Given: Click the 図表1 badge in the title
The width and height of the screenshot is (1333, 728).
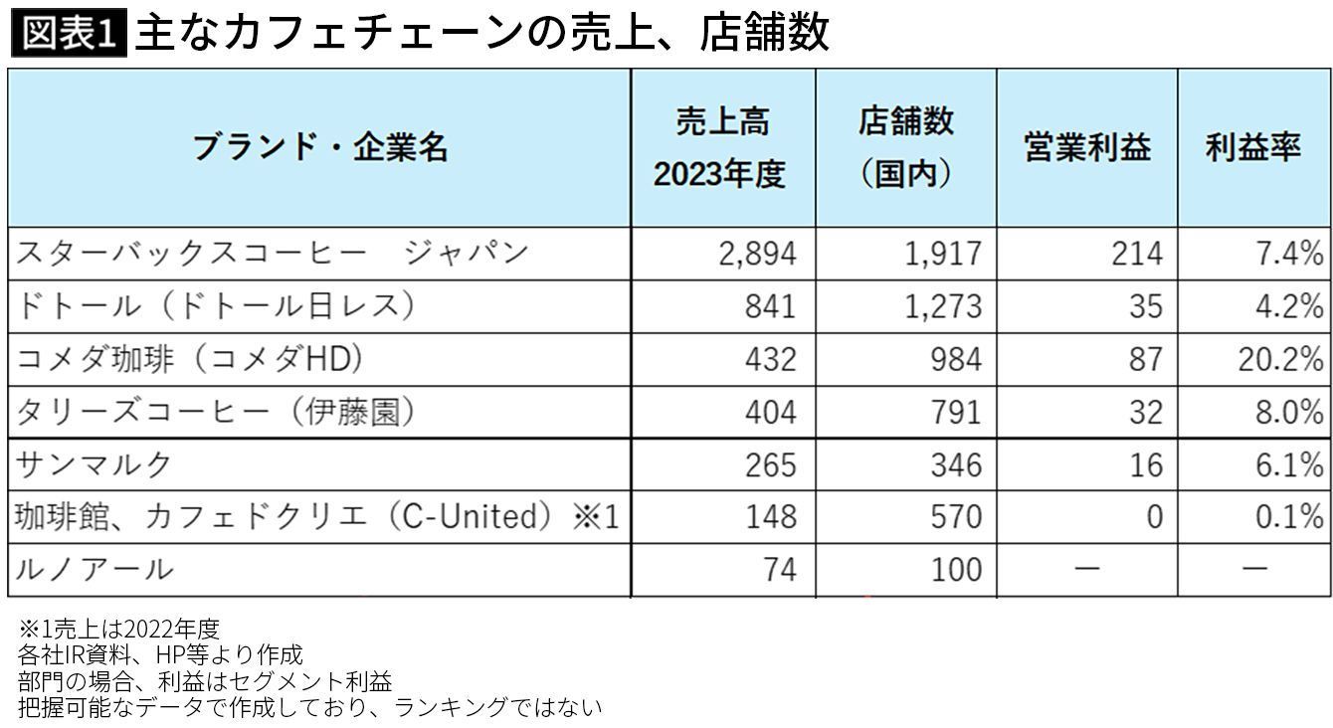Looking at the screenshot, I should (x=67, y=33).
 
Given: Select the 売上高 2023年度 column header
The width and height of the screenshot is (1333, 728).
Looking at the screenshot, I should (x=722, y=147).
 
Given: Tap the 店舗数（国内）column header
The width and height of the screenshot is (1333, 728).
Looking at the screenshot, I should (x=905, y=147).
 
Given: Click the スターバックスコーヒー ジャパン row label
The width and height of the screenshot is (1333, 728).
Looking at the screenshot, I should (x=272, y=253).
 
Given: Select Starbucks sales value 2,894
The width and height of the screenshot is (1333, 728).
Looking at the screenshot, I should (x=757, y=254).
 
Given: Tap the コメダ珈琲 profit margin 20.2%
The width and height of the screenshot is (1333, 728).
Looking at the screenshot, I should (x=1280, y=359).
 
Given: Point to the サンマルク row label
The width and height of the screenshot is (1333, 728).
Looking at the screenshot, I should (x=95, y=464).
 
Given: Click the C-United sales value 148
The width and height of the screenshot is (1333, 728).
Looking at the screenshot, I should (x=770, y=517).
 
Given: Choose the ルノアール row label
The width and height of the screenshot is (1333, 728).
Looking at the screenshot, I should (x=95, y=570).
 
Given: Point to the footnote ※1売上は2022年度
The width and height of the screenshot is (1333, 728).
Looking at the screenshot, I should (x=118, y=630).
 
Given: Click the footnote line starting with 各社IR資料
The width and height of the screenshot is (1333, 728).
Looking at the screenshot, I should (x=160, y=655).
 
